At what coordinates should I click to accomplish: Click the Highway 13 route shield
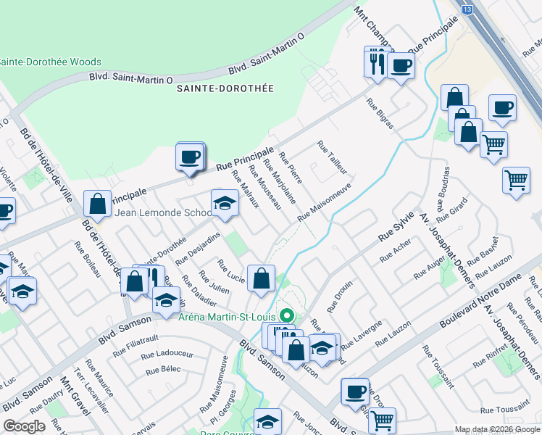[467, 9]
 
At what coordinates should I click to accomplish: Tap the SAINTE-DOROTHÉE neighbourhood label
[225, 88]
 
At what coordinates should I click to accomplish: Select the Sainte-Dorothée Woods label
[51, 62]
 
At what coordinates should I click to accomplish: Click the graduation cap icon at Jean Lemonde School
[225, 203]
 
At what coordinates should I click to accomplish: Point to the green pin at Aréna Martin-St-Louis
[286, 315]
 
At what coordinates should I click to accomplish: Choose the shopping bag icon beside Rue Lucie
[261, 277]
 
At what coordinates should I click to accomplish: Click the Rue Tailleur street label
[332, 157]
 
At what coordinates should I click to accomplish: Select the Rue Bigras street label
[380, 113]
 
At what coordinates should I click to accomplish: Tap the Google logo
[24, 427]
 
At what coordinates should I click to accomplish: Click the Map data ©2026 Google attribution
[496, 429]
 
